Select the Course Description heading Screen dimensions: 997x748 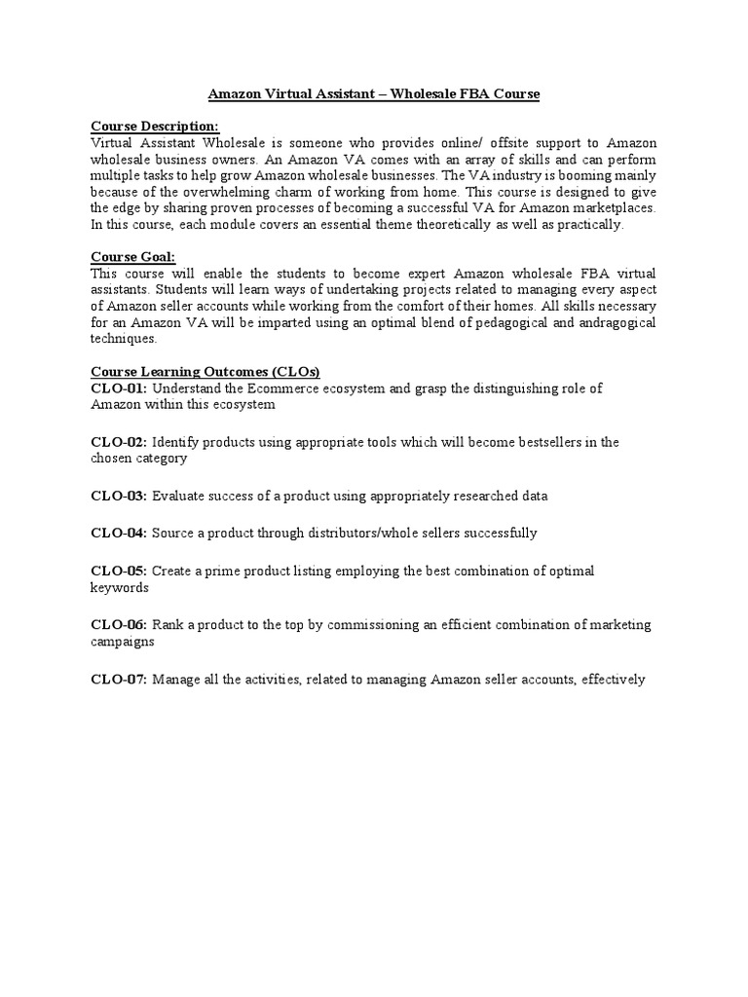[155, 126]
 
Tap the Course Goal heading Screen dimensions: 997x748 [132, 256]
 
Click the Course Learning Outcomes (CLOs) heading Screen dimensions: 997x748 [206, 372]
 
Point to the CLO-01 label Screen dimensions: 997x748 [119, 388]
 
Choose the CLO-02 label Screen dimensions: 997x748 [119, 442]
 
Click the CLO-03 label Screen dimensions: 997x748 [119, 496]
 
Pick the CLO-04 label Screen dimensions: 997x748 [119, 533]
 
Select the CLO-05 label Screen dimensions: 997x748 [119, 571]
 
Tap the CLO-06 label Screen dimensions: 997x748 [119, 624]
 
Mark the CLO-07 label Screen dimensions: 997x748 [119, 679]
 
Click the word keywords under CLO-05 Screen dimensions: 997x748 [120, 587]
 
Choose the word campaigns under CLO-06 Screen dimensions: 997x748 [123, 642]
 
